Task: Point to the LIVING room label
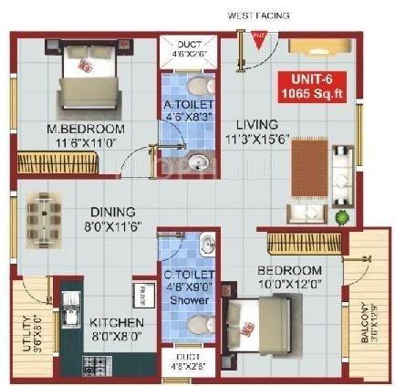(258, 125)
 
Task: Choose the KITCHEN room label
(115, 322)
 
